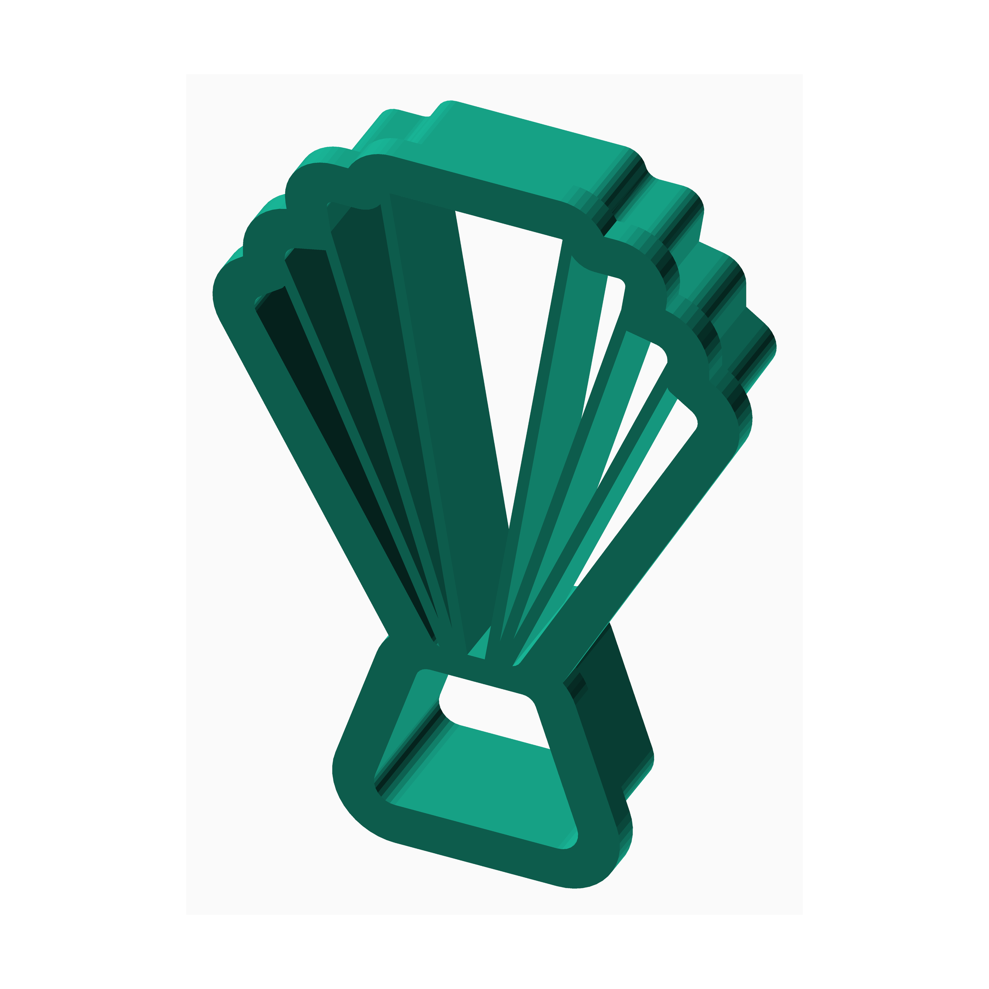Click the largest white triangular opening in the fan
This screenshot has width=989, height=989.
pyautogui.click(x=507, y=317)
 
